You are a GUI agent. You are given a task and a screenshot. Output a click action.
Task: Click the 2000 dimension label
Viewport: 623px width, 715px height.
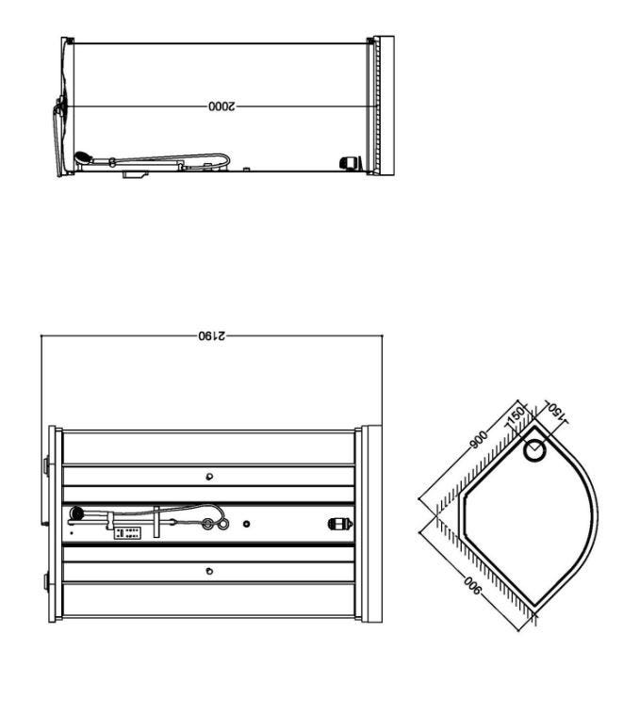tap(221, 106)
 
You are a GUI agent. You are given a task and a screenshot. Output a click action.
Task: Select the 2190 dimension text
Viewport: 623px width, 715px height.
tap(212, 336)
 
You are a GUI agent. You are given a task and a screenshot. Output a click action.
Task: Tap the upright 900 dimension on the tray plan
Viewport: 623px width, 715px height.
tap(479, 439)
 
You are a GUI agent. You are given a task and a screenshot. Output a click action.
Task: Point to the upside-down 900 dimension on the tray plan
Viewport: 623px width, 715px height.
tap(472, 586)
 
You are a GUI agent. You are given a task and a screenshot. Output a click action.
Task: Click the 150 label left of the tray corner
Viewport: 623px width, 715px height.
tap(516, 417)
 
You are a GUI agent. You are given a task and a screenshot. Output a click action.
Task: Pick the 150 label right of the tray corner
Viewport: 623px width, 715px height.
tap(556, 412)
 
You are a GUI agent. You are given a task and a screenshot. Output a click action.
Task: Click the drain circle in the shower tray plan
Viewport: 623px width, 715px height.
tap(534, 451)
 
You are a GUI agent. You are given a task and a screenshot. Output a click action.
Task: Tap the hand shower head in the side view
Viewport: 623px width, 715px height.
tap(83, 157)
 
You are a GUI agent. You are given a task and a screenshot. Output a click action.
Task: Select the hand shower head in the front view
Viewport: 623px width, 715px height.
tap(77, 513)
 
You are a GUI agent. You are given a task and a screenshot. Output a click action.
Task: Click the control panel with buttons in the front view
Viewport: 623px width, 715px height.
tap(127, 533)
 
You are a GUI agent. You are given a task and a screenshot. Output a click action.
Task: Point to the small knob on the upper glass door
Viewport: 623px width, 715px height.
tap(209, 477)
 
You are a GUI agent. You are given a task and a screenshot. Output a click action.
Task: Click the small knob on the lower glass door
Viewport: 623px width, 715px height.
tap(209, 571)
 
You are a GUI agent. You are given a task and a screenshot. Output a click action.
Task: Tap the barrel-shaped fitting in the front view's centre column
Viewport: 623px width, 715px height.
tap(340, 524)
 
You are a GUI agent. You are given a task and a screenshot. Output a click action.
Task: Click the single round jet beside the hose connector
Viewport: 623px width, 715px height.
tap(246, 525)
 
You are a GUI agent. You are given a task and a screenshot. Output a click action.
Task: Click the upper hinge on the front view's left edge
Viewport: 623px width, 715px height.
tap(46, 466)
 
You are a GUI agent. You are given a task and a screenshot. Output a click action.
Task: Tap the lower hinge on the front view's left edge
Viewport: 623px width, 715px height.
tap(46, 582)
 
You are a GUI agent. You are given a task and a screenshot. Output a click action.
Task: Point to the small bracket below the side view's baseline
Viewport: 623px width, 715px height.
tap(136, 174)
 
